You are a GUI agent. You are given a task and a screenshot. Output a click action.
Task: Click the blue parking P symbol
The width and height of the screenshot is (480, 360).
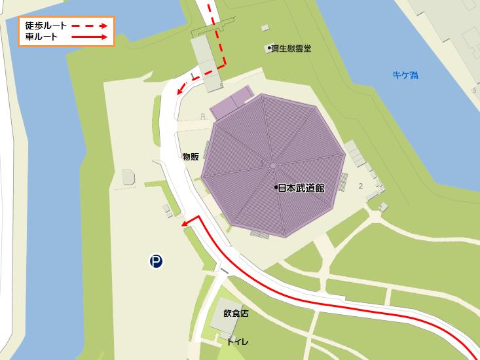156,262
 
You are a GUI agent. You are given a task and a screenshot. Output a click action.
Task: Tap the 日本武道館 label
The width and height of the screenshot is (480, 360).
302,187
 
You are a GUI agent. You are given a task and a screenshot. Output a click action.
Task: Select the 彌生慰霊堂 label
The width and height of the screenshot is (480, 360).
292,48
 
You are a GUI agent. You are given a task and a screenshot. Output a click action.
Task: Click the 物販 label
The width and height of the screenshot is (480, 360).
191,156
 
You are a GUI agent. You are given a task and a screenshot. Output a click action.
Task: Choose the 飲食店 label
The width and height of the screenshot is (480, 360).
236,314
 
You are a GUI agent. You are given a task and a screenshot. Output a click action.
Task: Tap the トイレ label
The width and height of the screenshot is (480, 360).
237,342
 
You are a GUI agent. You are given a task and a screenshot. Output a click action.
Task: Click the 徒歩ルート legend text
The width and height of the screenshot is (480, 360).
46,25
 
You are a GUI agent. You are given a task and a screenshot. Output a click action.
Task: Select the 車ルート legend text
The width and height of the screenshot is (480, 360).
41,37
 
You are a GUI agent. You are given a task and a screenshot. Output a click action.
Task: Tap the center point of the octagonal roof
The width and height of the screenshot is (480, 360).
273,166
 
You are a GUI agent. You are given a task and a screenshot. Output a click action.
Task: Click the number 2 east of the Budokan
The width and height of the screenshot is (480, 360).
361,186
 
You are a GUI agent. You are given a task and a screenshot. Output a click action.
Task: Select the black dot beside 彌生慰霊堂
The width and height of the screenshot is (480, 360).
269,48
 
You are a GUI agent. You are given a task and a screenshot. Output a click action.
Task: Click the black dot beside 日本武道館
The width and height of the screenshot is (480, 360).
276,187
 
